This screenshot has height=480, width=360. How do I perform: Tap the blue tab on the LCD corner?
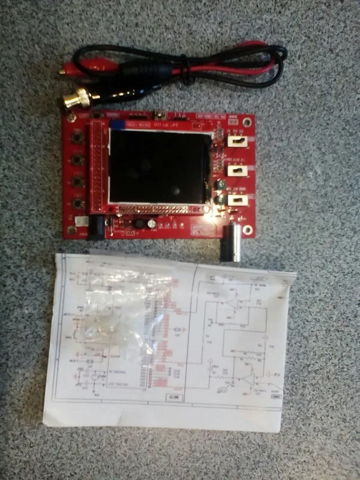click(x=118, y=124)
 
